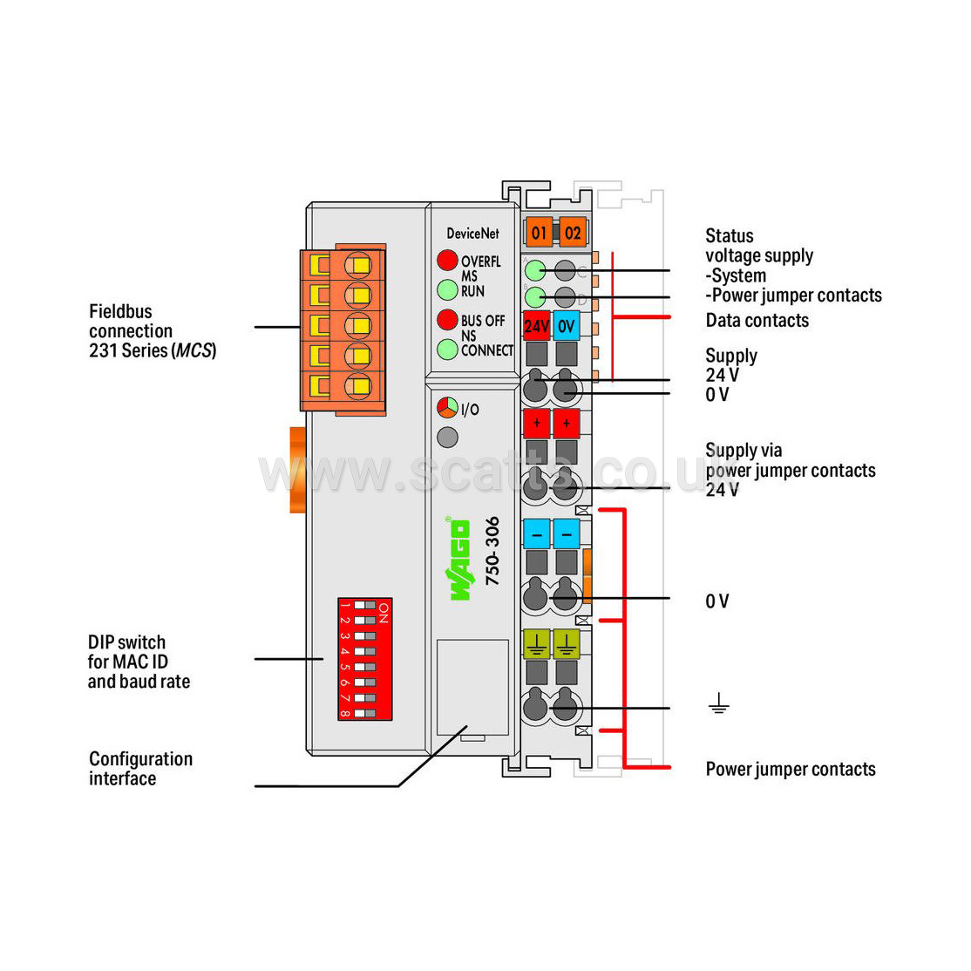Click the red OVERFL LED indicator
click(447, 260)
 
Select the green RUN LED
click(447, 289)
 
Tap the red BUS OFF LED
click(447, 319)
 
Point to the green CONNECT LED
click(447, 350)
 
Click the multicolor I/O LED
click(447, 408)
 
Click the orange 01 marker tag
click(539, 232)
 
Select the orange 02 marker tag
click(572, 232)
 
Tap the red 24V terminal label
click(536, 326)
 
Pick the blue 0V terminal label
click(567, 326)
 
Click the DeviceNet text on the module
click(472, 233)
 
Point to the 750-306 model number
click(492, 551)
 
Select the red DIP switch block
click(364, 659)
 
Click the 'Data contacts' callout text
click(757, 320)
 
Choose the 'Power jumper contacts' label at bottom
click(790, 769)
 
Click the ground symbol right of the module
click(718, 703)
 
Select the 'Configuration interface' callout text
click(140, 769)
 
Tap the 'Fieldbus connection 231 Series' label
click(152, 330)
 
